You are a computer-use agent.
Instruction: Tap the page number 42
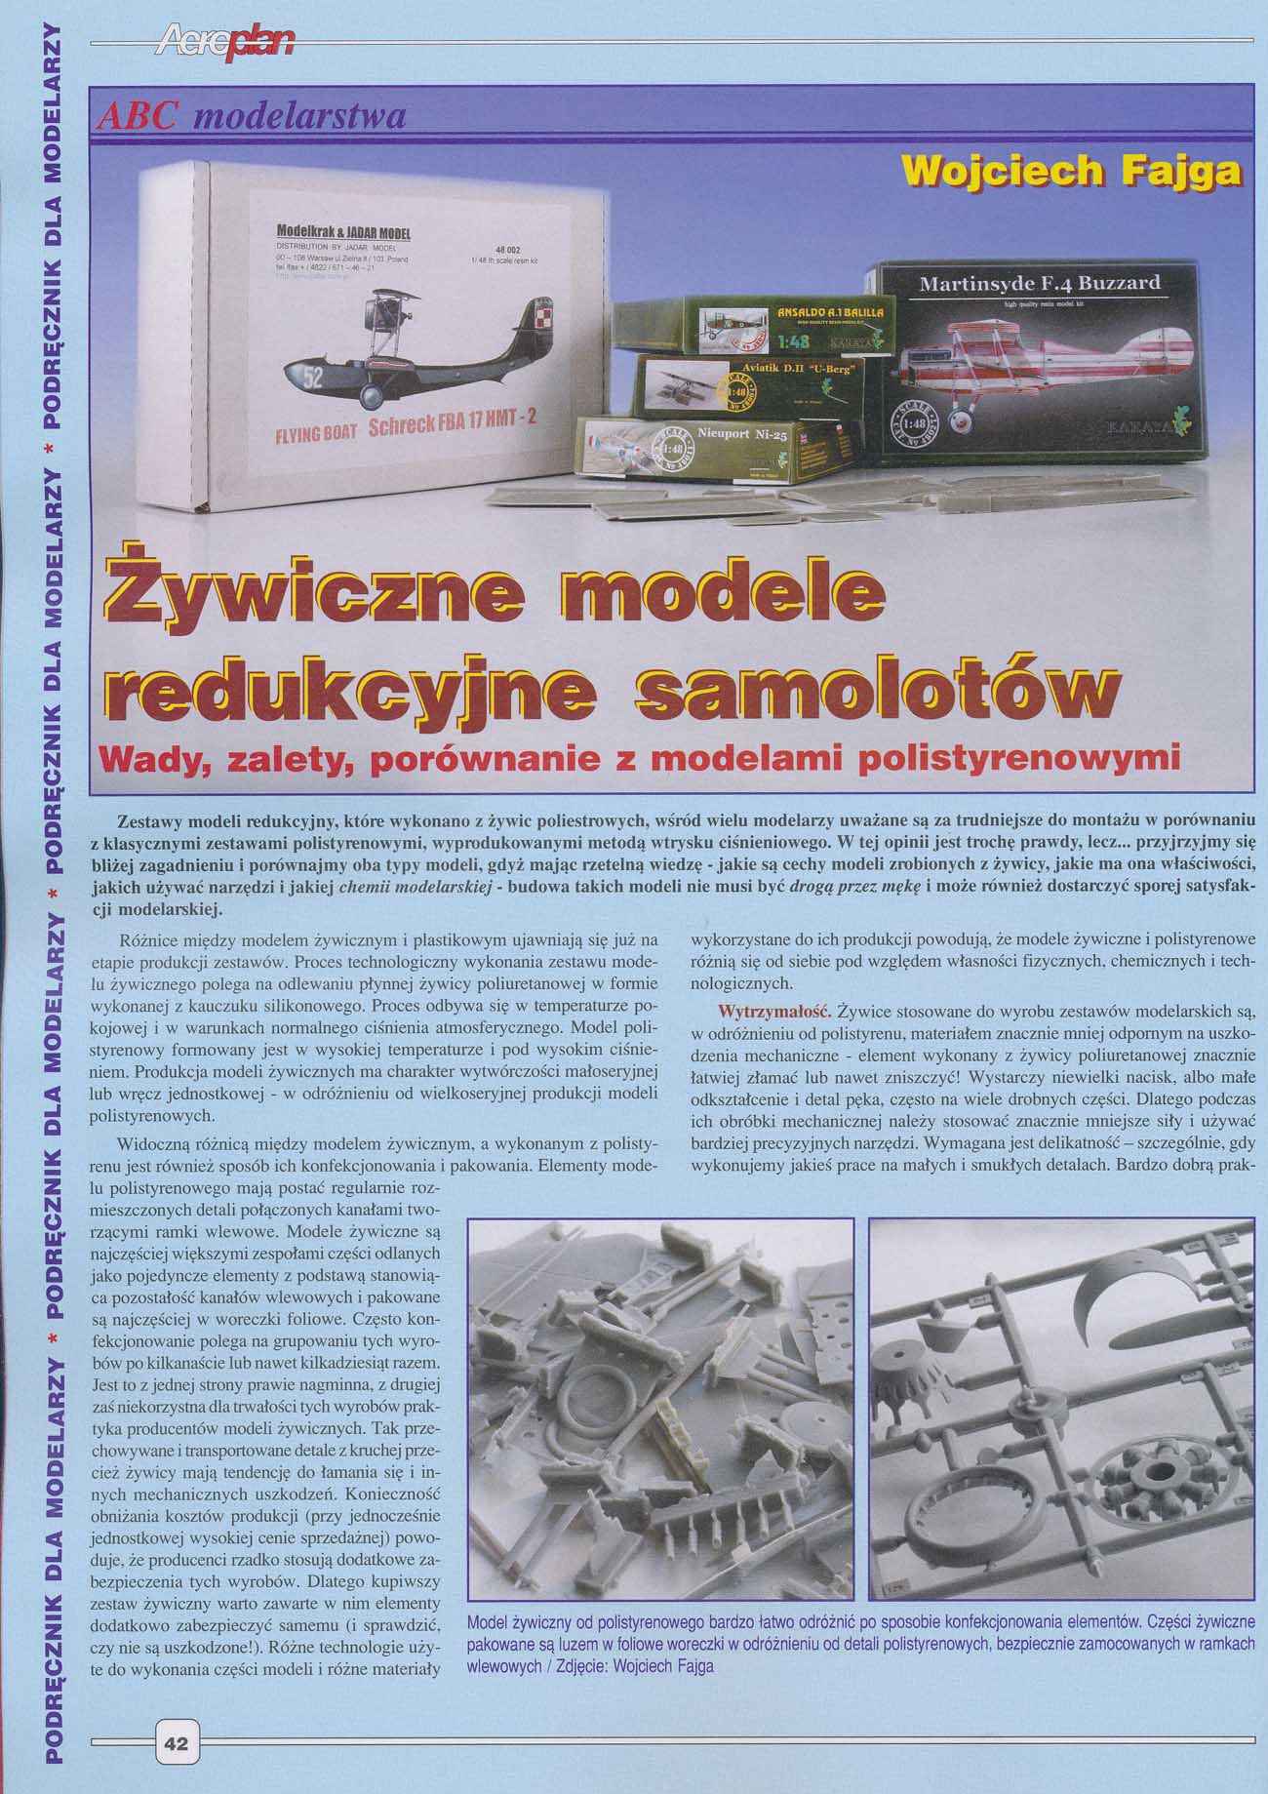click(x=177, y=1743)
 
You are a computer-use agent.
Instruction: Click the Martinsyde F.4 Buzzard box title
click(x=1040, y=284)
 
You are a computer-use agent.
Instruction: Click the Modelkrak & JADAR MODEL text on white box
click(x=343, y=234)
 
